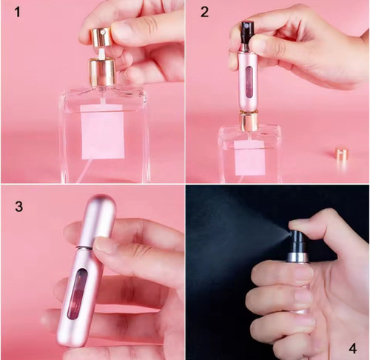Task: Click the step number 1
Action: (17, 13)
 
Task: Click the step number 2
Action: (204, 12)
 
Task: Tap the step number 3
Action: (19, 207)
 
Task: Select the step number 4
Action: (353, 349)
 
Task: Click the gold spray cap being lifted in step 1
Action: (101, 37)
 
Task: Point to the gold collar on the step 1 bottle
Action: (102, 72)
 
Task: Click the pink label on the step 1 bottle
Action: (102, 132)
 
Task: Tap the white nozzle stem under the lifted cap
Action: (101, 53)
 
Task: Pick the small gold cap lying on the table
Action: (342, 155)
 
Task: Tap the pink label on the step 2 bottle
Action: (249, 158)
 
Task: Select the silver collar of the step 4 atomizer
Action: (298, 257)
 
